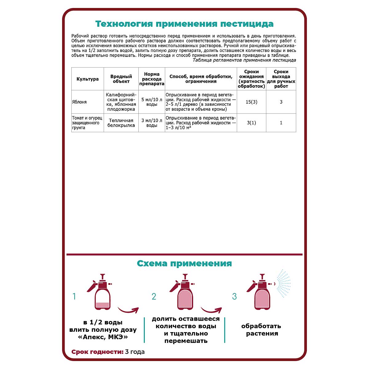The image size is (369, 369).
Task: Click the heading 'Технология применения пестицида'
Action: (x=184, y=24)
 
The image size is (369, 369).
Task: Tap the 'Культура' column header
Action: (x=88, y=79)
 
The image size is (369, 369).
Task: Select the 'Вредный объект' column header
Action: (x=121, y=79)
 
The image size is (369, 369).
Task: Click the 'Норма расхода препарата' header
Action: (x=152, y=79)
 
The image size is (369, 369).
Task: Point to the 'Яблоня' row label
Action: (x=79, y=102)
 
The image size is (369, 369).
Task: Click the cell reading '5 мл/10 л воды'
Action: (x=152, y=102)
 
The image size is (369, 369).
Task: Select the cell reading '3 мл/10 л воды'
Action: (x=152, y=123)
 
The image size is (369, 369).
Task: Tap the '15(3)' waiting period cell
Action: (x=251, y=102)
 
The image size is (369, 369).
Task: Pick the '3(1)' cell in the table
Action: (x=251, y=123)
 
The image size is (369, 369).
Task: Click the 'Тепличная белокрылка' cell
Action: (x=121, y=123)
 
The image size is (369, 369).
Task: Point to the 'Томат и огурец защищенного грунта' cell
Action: (x=87, y=123)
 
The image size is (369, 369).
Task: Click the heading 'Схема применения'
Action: (x=184, y=264)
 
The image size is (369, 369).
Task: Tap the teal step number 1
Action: (x=74, y=296)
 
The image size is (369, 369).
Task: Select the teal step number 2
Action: (x=154, y=296)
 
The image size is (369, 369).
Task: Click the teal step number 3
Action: (x=234, y=296)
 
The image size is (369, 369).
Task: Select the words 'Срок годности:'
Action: (x=97, y=352)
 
